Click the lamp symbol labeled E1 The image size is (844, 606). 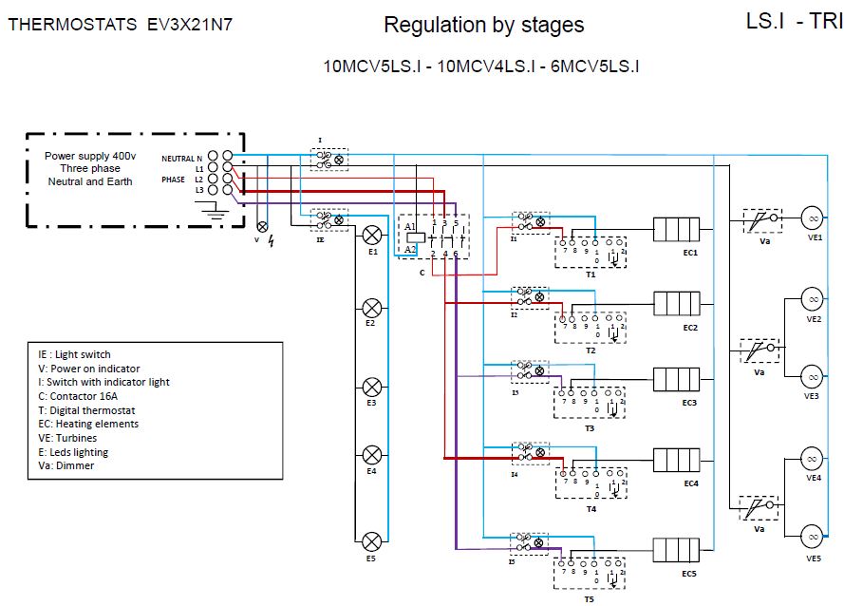[x=373, y=235]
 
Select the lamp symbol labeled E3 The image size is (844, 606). [x=373, y=387]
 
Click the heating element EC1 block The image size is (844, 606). [x=676, y=230]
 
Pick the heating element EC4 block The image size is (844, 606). [x=676, y=462]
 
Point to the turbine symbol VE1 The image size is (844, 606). [x=813, y=218]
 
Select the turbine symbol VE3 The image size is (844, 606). [x=813, y=375]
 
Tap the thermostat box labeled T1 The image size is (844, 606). [x=591, y=252]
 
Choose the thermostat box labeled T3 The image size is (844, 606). [x=591, y=403]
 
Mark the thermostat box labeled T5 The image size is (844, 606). [x=591, y=574]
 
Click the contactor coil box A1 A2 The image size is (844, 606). [x=416, y=237]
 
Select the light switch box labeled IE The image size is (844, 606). [x=328, y=218]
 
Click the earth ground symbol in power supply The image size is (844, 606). [x=216, y=213]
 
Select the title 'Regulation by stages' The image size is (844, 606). [x=484, y=25]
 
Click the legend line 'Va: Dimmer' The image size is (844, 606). [x=62, y=465]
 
